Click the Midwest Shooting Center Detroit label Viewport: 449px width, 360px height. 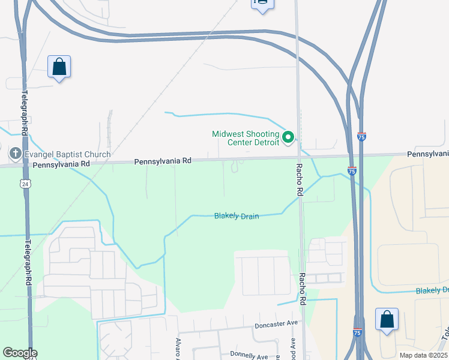coord(246,138)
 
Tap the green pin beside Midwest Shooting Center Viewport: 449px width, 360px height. coord(288,138)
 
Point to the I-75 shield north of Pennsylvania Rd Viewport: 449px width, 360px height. coord(361,137)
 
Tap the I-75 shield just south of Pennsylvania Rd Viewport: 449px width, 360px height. coord(352,171)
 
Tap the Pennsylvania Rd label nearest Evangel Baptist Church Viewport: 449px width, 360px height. coord(62,164)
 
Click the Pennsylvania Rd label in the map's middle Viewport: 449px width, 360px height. coord(163,161)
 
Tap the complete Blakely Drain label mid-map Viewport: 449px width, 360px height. coord(237,216)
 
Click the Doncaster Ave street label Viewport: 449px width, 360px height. coord(276,323)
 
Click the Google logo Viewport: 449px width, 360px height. coord(19,353)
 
